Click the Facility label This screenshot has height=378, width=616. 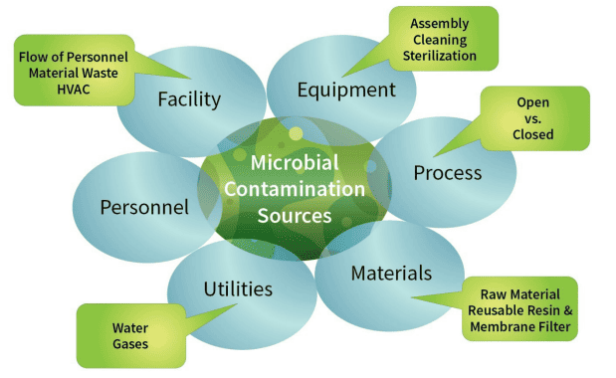coord(189,98)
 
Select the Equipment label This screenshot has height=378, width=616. coord(346,90)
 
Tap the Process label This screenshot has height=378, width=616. coord(447,172)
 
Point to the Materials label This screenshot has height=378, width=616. coord(391,273)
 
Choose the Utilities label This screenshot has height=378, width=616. coord(238,288)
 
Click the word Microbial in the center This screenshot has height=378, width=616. coord(293,163)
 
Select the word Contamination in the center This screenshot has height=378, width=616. coord(293,188)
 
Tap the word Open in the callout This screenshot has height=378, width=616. coord(534,102)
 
